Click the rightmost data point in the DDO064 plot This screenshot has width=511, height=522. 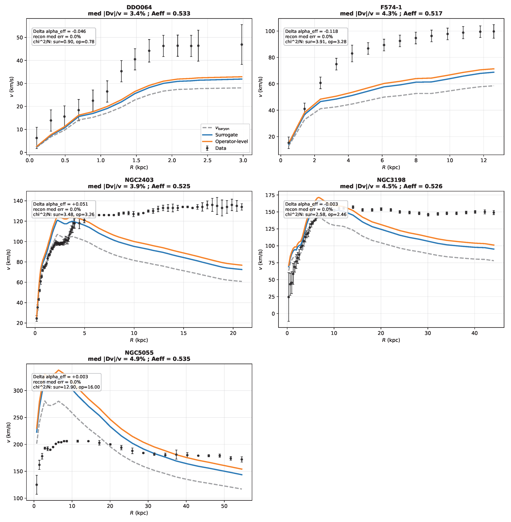tap(242, 45)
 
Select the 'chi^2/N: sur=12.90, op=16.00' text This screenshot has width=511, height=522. tap(66, 387)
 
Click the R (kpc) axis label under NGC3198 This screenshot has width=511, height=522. tap(391, 340)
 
